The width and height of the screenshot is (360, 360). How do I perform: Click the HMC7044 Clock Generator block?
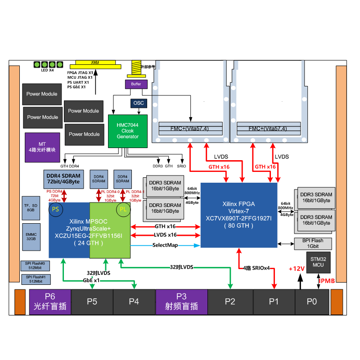pos(128,131)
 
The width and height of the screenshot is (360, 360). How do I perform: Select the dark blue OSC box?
pos(139,103)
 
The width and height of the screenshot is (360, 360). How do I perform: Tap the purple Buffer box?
pos(136,84)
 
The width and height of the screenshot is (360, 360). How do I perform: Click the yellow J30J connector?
pos(95,63)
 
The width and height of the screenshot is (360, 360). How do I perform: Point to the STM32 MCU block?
pos(318,262)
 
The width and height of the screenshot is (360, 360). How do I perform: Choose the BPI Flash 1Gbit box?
pos(315,244)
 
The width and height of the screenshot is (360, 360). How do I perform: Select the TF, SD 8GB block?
pos(31,207)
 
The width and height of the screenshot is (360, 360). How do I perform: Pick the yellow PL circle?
pos(123,209)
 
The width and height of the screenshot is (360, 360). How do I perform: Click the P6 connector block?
pos(50,301)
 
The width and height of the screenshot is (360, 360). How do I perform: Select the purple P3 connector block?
pos(181,301)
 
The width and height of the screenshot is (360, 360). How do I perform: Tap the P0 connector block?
pos(312,301)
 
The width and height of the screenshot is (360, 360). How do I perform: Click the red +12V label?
pos(297,269)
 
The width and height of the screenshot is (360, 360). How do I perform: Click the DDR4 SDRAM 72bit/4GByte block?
pos(63,179)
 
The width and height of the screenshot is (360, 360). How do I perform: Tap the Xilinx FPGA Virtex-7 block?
pos(238,215)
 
